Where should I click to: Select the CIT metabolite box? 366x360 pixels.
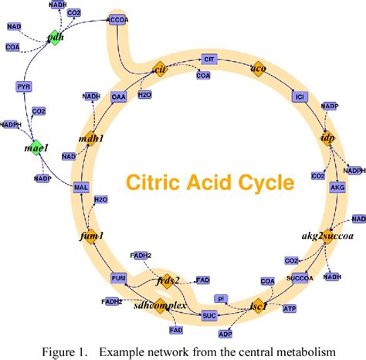208,59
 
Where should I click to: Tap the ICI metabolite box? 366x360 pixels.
300,97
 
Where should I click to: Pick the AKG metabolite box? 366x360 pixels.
337,187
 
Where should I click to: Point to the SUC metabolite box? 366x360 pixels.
208,315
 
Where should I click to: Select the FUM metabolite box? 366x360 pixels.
118,277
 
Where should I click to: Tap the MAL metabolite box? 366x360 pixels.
81,187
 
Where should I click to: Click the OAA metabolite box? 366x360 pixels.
118,97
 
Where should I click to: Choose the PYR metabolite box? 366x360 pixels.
25,87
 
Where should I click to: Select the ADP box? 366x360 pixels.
246,334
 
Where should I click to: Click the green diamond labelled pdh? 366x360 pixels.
54,36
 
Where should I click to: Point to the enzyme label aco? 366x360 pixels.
259,68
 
